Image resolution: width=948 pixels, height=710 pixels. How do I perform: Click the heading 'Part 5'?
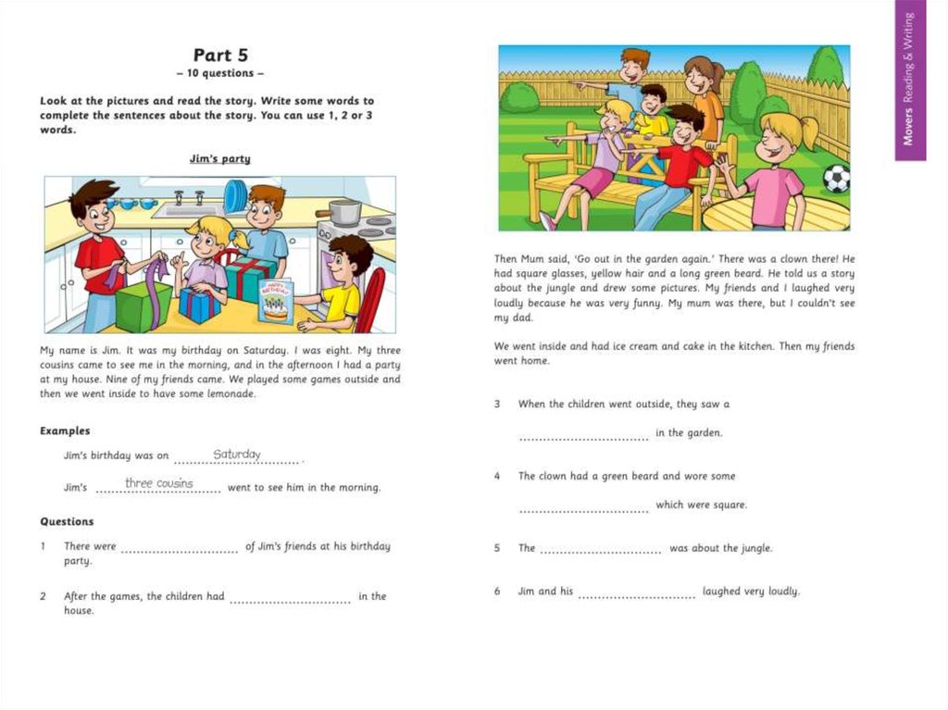point(220,56)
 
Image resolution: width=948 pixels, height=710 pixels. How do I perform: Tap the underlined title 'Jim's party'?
point(219,159)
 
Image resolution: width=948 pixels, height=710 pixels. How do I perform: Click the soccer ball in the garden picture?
point(836,178)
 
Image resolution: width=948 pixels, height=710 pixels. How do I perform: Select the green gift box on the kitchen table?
point(143,305)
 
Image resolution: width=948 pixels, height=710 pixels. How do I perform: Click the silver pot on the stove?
point(343,212)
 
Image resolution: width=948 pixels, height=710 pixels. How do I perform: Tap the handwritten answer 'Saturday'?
point(237,455)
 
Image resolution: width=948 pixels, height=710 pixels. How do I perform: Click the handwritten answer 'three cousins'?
point(159,483)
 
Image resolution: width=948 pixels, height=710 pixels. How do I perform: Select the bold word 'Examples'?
point(65,430)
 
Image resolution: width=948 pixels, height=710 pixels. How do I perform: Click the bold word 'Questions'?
point(67,521)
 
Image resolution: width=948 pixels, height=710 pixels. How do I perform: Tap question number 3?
point(497,405)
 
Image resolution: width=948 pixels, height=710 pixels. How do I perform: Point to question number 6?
point(497,591)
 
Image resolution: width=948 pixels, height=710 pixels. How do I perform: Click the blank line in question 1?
point(180,550)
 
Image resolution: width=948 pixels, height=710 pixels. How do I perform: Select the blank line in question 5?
point(600,552)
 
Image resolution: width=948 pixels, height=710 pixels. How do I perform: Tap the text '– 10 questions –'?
point(220,73)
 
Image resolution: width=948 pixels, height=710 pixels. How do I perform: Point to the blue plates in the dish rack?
point(235,195)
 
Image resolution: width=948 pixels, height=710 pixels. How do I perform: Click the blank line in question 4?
point(583,509)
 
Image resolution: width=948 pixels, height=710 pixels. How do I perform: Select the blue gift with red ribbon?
point(199,305)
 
